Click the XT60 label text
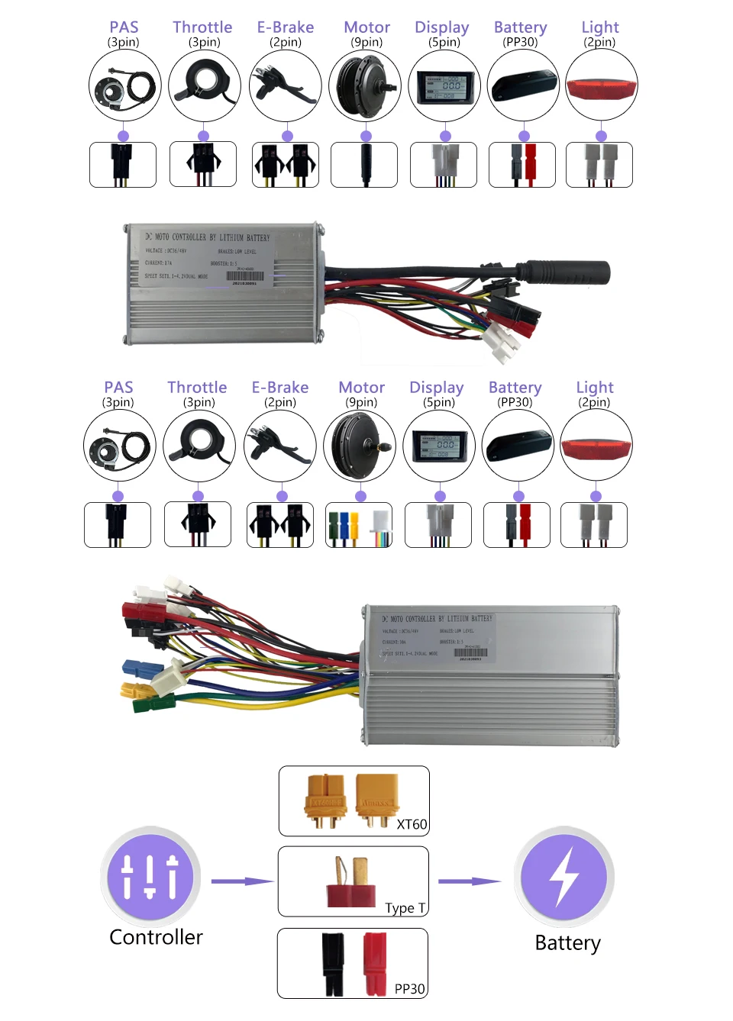[412, 824]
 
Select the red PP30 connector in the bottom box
[374, 963]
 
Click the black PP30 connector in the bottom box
[333, 963]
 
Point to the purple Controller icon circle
[150, 876]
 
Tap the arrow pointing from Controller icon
[242, 881]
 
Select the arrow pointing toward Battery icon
[469, 881]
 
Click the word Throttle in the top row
[202, 27]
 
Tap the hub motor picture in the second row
[360, 446]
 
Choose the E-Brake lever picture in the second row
[279, 446]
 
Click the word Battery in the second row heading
[515, 388]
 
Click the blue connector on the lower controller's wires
[141, 669]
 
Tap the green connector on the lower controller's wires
[153, 703]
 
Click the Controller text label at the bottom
[156, 937]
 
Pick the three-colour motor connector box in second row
[359, 526]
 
